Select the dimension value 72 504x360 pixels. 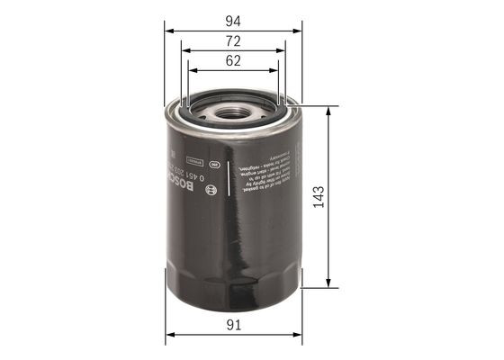click(233, 41)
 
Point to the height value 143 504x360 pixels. click(318, 197)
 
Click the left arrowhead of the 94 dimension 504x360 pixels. click(169, 29)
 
